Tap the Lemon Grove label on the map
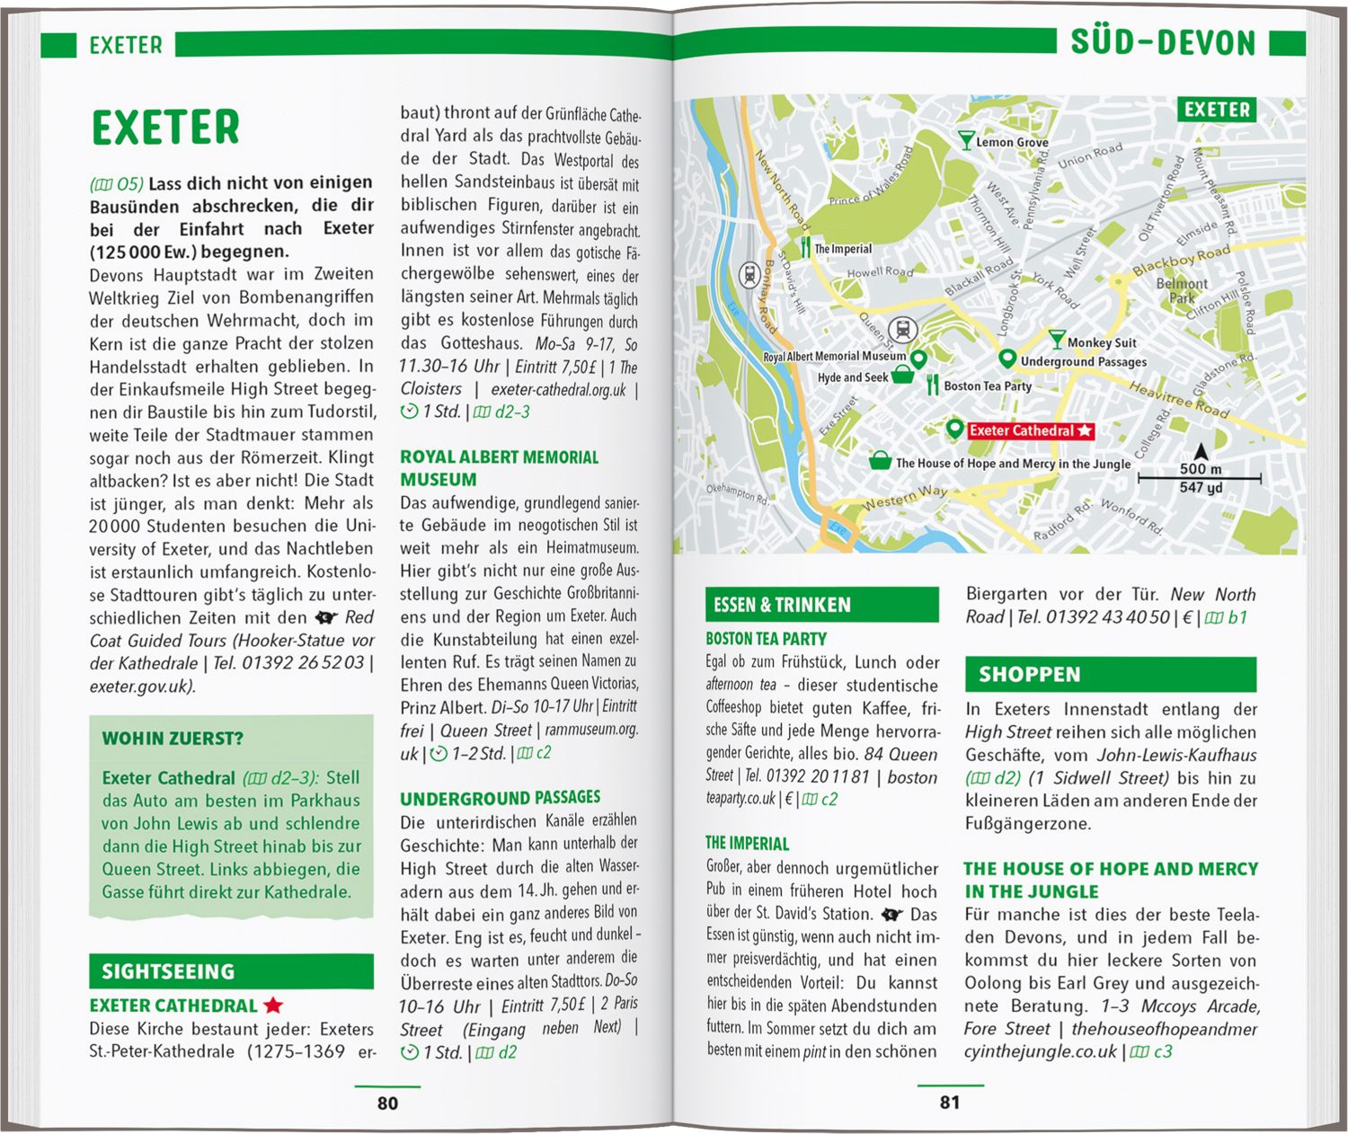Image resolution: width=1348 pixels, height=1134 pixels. pos(1012,142)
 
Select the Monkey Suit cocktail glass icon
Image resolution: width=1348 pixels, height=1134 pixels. pos(1058,341)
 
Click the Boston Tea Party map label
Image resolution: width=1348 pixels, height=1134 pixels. pos(987,386)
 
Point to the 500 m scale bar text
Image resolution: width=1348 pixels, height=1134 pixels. pos(1201,469)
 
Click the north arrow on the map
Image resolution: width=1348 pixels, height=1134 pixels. pos(1201,450)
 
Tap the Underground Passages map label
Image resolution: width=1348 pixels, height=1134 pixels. pos(1083,362)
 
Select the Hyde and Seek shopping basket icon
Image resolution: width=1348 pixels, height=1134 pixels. pos(903,376)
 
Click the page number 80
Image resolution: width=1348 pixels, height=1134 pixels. pos(387,1103)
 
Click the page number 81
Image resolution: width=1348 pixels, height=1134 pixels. pos(950,1102)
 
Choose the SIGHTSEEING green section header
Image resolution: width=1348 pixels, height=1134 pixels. pos(231,971)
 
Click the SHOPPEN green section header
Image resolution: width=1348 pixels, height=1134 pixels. pos(1110,674)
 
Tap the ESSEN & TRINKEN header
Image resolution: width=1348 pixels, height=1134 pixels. pos(821,605)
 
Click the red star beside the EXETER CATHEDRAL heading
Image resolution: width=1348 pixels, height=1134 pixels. pos(273,1006)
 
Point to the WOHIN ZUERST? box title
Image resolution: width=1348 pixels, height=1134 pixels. pos(173,739)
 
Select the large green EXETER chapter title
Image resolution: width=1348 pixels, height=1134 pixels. pos(166,128)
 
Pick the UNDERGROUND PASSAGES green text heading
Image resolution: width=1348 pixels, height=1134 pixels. pos(500,798)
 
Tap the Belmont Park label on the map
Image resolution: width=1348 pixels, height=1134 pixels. pos(1182,290)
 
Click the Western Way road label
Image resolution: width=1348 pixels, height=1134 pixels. pos(905,497)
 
